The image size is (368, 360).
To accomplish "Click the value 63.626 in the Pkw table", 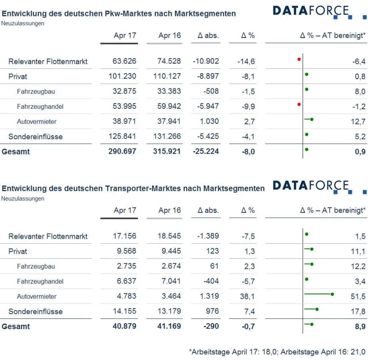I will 124,61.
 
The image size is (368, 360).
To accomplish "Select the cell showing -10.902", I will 206,61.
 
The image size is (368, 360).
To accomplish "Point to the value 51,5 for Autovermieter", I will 358,296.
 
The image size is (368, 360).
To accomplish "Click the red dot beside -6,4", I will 299,59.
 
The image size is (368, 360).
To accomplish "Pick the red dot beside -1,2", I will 299,104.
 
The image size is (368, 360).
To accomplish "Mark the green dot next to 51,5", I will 332,294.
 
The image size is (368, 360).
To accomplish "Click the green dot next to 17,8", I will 317,309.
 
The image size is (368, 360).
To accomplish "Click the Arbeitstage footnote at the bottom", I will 277,352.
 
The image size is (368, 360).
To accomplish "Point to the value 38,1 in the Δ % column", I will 249,296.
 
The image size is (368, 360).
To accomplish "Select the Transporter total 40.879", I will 124,326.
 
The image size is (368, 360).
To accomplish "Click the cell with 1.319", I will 208,296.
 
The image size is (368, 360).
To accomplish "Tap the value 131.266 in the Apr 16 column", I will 167,136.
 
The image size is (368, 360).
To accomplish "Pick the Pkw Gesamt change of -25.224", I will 206,152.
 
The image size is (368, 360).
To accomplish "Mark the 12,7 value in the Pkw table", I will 358,122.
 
